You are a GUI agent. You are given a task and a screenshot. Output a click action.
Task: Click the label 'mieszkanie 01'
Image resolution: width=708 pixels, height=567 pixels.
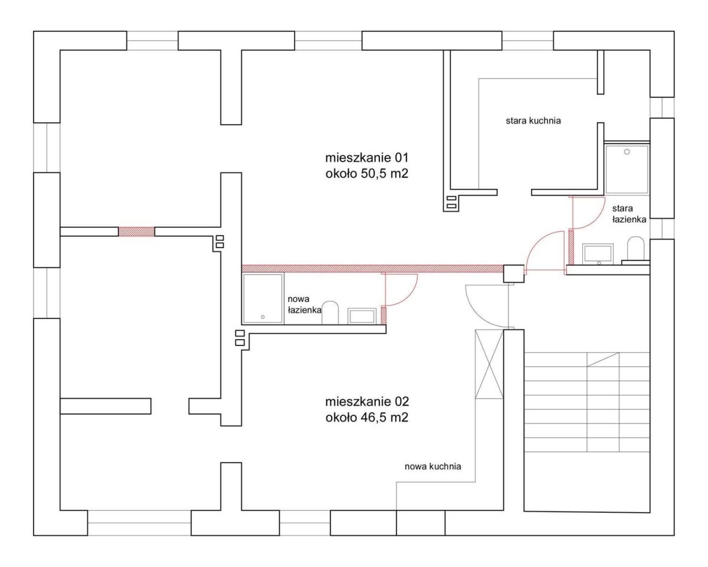(367, 158)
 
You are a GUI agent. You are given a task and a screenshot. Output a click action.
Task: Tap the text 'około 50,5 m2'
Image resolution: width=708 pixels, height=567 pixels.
(367, 174)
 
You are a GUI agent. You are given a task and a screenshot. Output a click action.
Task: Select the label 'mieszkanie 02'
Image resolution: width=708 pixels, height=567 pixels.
(367, 402)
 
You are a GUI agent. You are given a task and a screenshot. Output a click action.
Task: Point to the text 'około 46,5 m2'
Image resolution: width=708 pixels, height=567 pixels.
(367, 418)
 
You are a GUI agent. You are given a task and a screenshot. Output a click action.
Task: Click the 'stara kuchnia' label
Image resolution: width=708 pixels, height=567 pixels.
(533, 120)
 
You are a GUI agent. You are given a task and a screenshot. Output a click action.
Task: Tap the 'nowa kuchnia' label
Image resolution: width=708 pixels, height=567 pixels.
(432, 467)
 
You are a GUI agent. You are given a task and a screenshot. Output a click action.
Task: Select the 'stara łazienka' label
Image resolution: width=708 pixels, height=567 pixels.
(629, 214)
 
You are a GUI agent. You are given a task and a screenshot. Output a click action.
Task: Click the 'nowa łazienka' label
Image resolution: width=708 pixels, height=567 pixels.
(304, 304)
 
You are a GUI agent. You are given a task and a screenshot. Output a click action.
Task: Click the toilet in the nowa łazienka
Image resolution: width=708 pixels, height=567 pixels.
(330, 312)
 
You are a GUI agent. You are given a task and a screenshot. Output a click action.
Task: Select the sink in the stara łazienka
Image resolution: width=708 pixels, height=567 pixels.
(598, 254)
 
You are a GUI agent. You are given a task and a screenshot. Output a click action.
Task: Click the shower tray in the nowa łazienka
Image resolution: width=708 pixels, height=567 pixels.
(263, 298)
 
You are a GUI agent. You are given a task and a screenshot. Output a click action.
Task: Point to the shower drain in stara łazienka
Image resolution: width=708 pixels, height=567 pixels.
(627, 152)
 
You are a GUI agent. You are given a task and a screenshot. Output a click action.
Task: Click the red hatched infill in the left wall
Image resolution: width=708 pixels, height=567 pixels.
(136, 232)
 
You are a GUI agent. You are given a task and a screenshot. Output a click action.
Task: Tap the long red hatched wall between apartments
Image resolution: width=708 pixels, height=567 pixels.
(373, 268)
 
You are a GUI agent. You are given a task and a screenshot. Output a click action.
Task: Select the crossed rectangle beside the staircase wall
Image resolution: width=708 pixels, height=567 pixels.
(489, 364)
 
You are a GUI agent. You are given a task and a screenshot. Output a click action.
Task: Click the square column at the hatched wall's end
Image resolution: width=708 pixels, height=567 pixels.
(514, 274)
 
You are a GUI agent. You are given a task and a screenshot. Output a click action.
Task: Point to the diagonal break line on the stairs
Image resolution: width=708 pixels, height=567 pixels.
(603, 360)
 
